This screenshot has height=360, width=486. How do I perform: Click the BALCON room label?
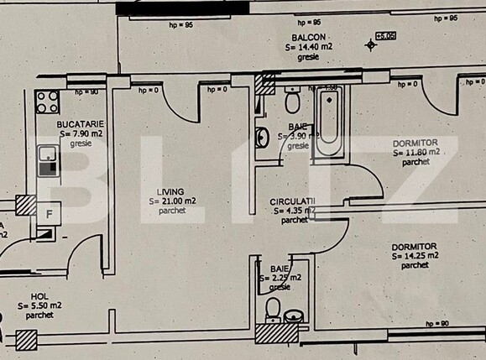pyautogui.click(x=309, y=39)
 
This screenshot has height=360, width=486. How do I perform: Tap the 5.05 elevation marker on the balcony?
pyautogui.click(x=384, y=36)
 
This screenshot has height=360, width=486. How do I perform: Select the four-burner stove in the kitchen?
pyautogui.click(x=47, y=103)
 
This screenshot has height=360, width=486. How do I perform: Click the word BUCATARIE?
pyautogui.click(x=80, y=123)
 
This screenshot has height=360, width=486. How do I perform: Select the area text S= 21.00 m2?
pyautogui.click(x=172, y=201)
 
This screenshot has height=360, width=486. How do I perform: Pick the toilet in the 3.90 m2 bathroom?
pyautogui.click(x=292, y=102)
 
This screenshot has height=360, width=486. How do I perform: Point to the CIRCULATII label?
pyautogui.click(x=292, y=202)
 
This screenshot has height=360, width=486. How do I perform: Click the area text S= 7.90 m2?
pyautogui.click(x=80, y=133)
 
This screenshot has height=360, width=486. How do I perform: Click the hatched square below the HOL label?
pyautogui.click(x=27, y=340)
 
